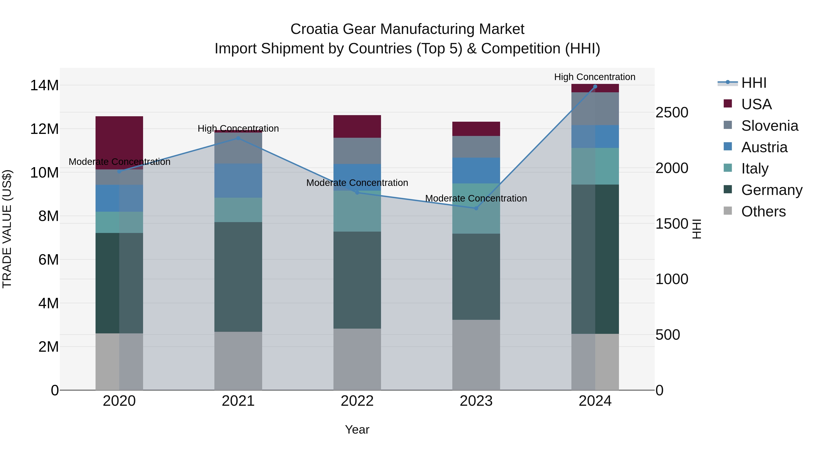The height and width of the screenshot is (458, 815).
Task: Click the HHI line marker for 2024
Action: pos(595,87)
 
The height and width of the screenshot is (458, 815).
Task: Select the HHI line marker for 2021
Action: pos(238,138)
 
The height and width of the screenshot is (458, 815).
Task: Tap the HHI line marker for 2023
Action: pos(476,208)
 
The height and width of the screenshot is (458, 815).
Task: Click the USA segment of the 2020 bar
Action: pos(119,142)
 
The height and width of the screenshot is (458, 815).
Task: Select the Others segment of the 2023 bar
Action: pos(476,355)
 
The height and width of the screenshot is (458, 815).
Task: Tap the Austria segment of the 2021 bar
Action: pos(238,180)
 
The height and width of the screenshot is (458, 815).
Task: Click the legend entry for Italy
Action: pos(755,168)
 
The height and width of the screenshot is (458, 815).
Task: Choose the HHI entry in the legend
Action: pos(754,83)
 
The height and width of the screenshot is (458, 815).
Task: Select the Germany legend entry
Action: pos(771,190)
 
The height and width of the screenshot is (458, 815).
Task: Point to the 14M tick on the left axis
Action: pos(44,85)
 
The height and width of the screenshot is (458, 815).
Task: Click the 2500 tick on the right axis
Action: pos(672,113)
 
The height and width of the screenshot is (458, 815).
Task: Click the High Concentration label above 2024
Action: pos(594,77)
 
